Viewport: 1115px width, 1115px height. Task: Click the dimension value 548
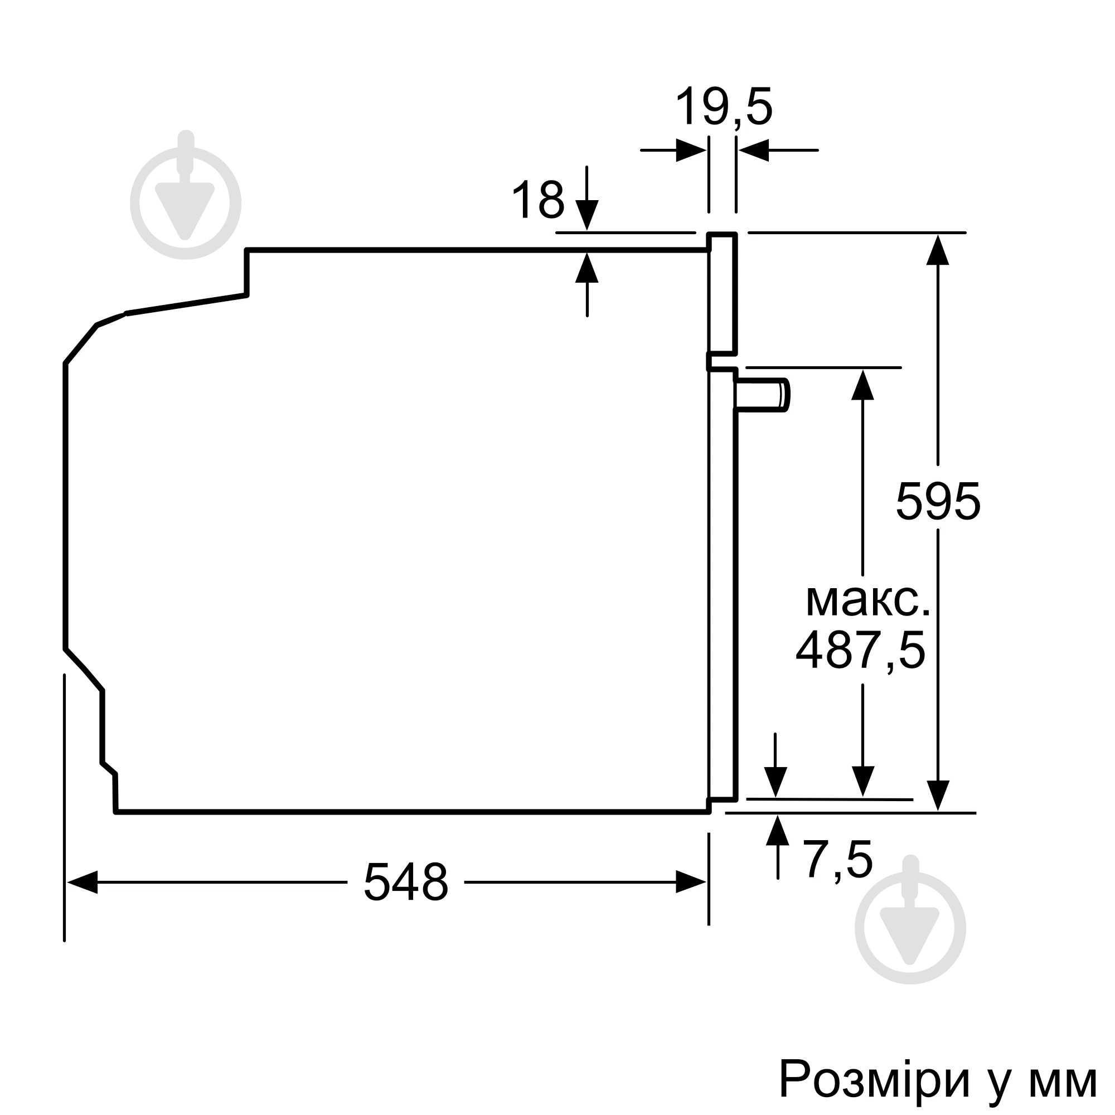coord(406,883)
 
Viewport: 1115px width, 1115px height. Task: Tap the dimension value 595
coord(938,501)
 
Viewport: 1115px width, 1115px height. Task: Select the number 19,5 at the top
coord(723,108)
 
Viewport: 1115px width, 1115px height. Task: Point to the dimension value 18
coord(537,200)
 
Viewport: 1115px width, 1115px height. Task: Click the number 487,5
coord(860,651)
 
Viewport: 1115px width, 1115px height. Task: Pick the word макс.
coord(867,602)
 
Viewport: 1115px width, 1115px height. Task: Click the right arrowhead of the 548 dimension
coord(691,883)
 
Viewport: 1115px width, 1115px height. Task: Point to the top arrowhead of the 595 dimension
coord(937,250)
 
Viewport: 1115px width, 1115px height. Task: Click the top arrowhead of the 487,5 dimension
coord(862,384)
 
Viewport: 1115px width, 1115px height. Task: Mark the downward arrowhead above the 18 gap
coord(586,215)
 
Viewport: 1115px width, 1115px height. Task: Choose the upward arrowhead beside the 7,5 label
coord(777,831)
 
